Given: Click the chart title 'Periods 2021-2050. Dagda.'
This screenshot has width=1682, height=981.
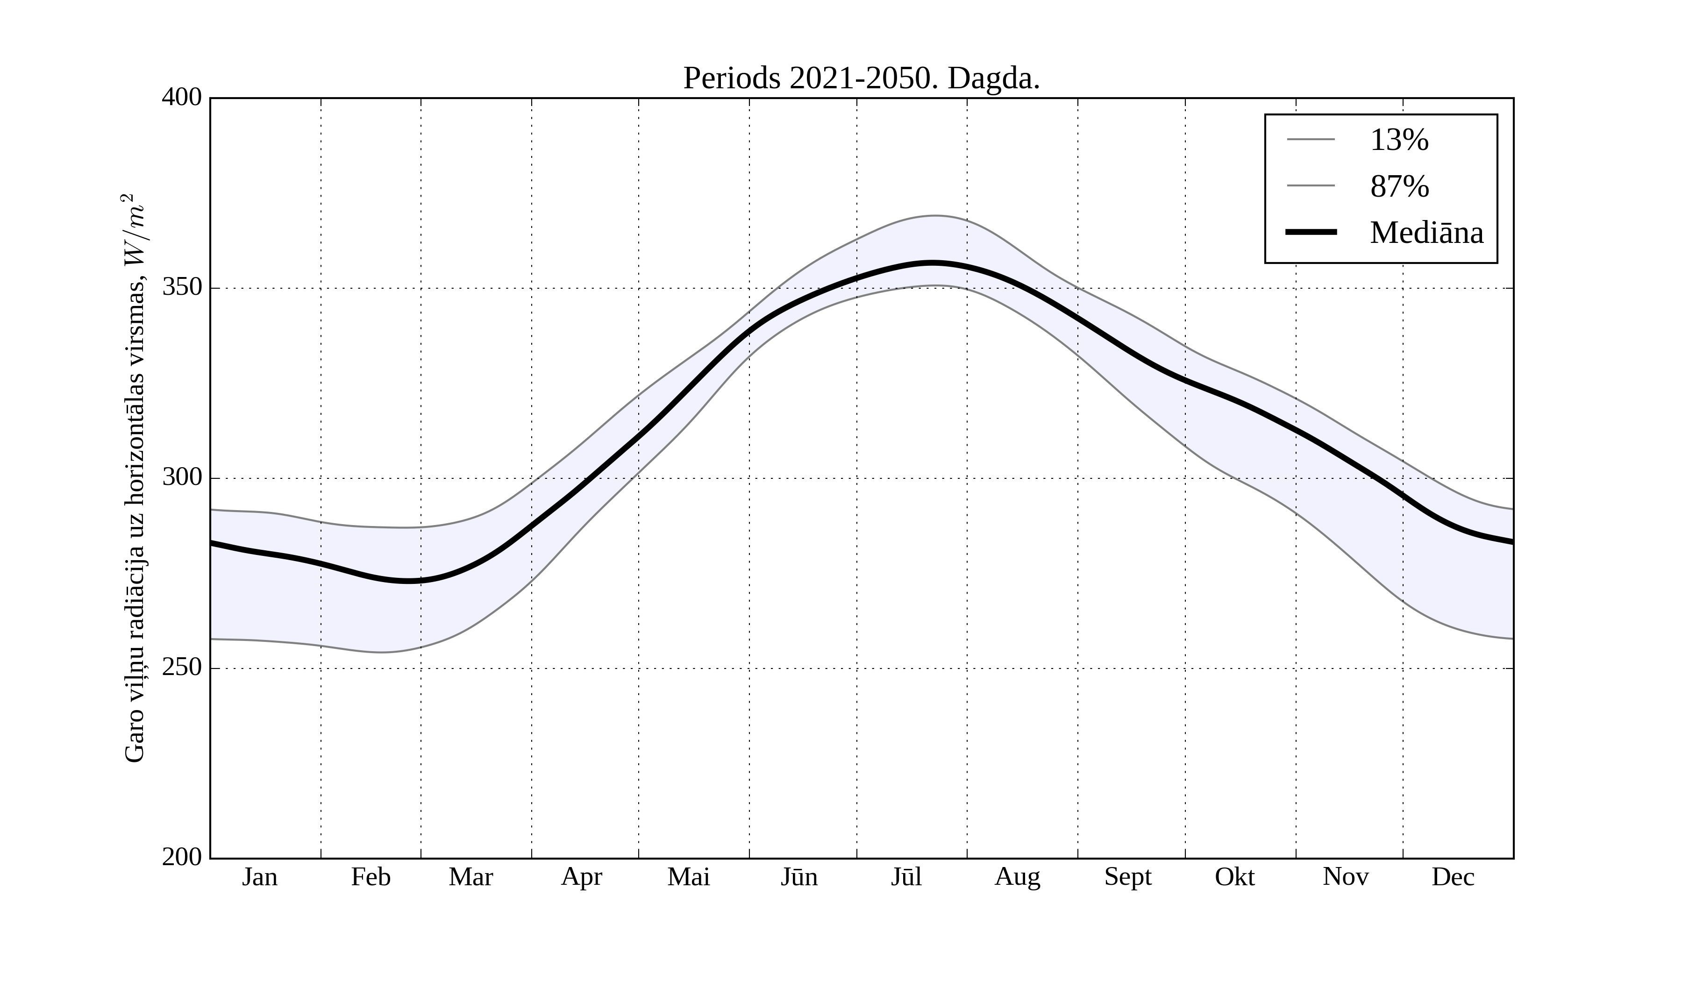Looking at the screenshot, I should (x=861, y=79).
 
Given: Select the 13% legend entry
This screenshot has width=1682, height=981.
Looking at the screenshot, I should (x=1399, y=140).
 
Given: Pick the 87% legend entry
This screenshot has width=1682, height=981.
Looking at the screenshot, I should (x=1399, y=186).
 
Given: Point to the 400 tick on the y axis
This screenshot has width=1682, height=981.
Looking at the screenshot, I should (x=182, y=98).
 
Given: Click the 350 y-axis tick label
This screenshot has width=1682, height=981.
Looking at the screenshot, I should (x=182, y=288).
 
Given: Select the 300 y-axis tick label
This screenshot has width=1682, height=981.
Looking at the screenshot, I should (x=182, y=478).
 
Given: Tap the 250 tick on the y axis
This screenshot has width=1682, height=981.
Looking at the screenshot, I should (x=182, y=668).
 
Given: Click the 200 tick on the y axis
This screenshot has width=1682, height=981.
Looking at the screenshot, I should (x=182, y=858).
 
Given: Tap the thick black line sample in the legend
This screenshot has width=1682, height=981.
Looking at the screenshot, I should (x=1311, y=232).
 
